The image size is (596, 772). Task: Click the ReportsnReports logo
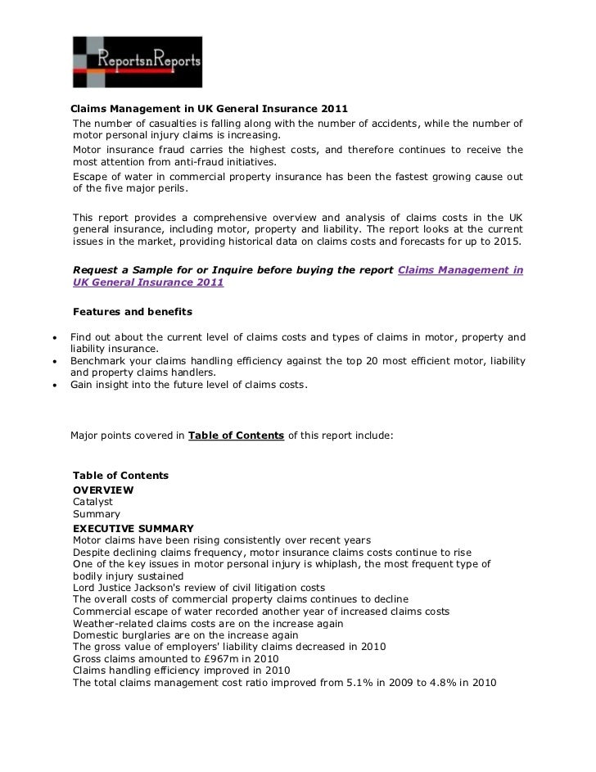coord(137,61)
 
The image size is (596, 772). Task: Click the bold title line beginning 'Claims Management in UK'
coord(209,108)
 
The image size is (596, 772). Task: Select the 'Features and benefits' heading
coord(132,312)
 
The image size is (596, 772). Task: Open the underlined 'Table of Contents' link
coord(236,436)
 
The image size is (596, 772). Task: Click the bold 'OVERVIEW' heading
coord(103,489)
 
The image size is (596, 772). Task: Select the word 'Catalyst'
coord(93,501)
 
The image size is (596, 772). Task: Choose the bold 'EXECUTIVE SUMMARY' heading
coord(133,528)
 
